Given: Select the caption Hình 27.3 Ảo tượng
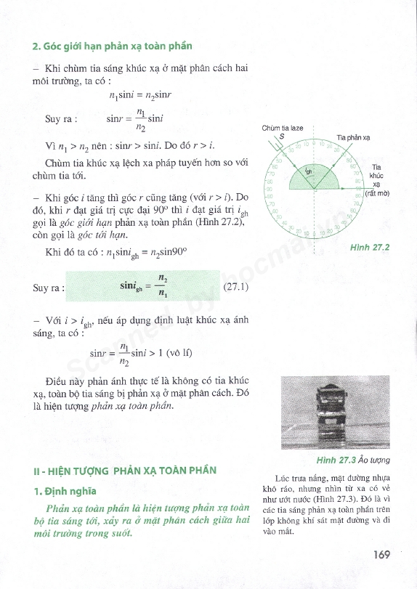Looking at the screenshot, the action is [354, 460].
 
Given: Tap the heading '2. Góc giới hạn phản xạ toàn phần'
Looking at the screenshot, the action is [113, 46].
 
